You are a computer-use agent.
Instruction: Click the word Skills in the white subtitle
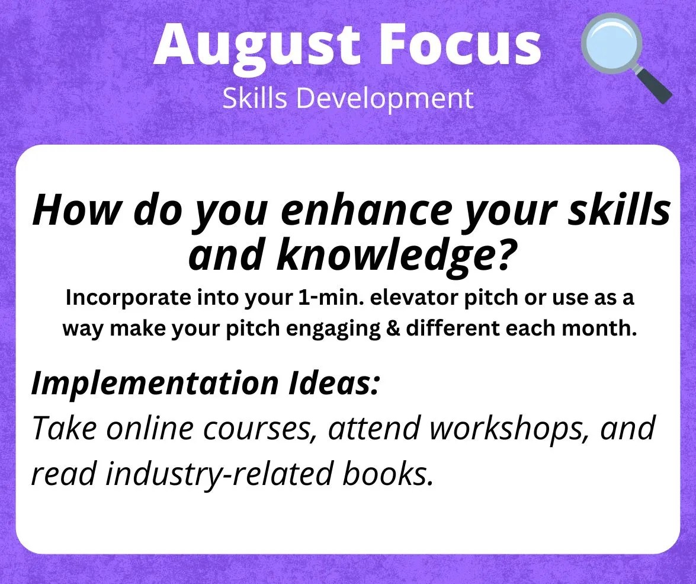coord(255,98)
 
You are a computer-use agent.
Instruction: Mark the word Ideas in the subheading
coord(333,382)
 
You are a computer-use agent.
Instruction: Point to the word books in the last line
coord(387,473)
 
